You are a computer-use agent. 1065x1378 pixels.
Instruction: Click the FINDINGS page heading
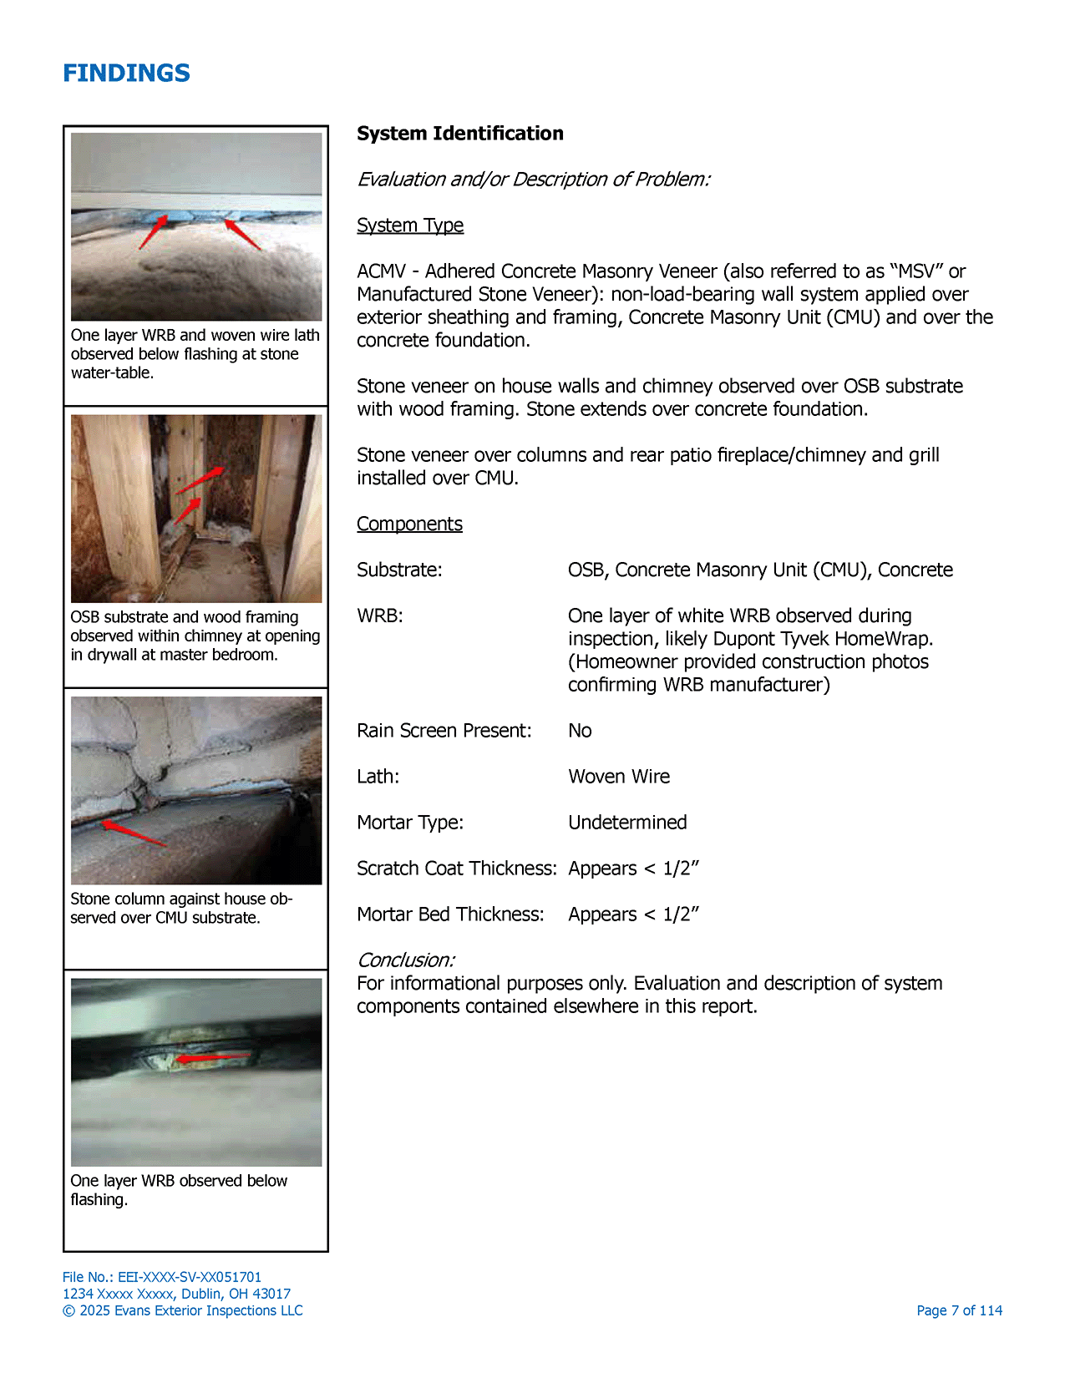click(126, 73)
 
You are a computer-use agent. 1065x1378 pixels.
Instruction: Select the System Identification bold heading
click(459, 134)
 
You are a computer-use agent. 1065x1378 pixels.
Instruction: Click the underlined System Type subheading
click(409, 225)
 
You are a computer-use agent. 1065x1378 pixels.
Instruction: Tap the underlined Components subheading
click(409, 524)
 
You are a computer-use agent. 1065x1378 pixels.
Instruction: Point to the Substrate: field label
click(399, 570)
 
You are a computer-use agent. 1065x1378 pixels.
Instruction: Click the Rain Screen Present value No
click(580, 731)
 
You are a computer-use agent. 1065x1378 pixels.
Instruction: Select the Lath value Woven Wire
click(619, 777)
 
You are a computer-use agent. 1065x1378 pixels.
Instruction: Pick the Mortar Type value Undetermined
click(627, 823)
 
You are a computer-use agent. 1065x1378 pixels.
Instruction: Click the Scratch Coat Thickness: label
click(456, 869)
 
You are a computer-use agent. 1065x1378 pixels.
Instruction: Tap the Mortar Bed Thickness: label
click(450, 914)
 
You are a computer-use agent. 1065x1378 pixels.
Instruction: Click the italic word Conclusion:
click(406, 960)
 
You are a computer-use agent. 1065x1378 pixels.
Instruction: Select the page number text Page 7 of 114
click(959, 1310)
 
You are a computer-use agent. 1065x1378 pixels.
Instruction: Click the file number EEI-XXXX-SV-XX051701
click(189, 1277)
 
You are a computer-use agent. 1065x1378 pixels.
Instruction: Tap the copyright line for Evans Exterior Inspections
click(183, 1310)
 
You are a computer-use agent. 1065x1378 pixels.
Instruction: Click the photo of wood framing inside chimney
click(196, 509)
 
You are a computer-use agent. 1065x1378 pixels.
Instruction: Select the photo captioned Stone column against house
click(196, 790)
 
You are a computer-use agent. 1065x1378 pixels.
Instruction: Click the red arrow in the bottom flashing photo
click(213, 1058)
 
